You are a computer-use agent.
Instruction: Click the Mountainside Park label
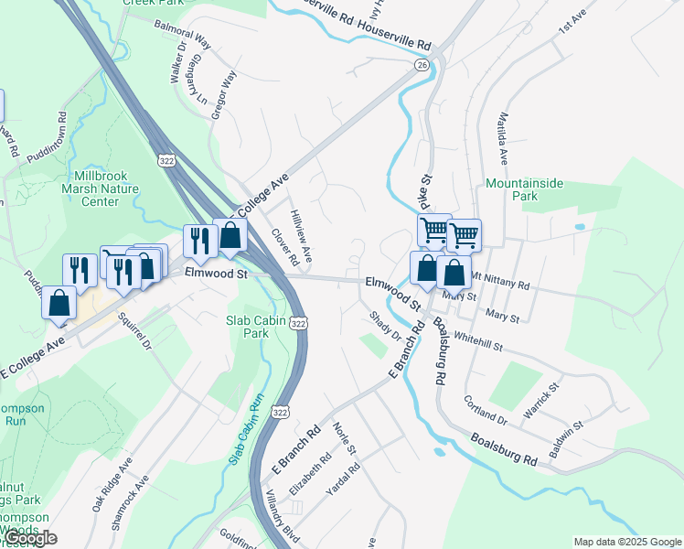coord(524,189)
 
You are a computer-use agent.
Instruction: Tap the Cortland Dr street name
coord(485,406)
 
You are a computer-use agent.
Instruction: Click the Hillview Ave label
coord(302,233)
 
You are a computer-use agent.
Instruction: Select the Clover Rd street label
coord(284,247)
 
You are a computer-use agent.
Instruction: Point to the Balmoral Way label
coord(183,34)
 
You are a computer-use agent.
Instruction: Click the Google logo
coord(29,538)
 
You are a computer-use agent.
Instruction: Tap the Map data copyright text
coord(626,542)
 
